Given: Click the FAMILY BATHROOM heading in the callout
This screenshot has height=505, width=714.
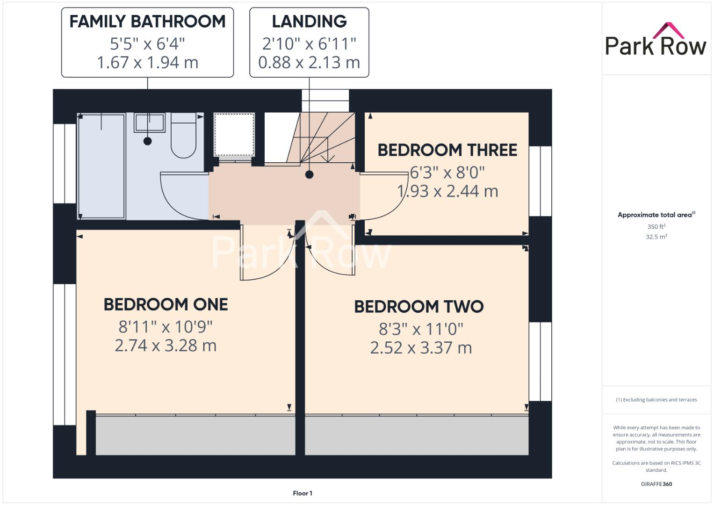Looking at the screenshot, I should click(x=147, y=22).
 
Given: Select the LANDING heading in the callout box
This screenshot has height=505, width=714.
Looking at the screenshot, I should click(x=309, y=22).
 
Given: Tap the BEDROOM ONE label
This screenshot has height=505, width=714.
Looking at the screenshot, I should click(x=166, y=304).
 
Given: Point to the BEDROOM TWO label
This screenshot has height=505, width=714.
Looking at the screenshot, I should click(x=418, y=307).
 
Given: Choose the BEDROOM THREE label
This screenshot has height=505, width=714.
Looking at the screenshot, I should click(x=447, y=150).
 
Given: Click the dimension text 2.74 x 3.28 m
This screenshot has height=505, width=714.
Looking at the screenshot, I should click(x=166, y=346).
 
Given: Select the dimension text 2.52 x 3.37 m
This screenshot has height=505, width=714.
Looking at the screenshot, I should click(x=421, y=348).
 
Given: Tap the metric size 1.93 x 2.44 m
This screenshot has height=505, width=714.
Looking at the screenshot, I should click(x=447, y=191).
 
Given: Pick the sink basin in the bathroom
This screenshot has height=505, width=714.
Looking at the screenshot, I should click(x=150, y=123).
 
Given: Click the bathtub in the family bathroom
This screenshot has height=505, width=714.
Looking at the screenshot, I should click(x=101, y=166).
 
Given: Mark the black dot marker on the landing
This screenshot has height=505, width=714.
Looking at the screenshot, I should click(x=309, y=175).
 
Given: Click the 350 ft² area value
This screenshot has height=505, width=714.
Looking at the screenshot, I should click(x=656, y=226).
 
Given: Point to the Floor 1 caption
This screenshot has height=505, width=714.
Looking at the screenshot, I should click(x=303, y=493).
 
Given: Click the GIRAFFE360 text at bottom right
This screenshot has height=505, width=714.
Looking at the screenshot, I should click(x=656, y=484).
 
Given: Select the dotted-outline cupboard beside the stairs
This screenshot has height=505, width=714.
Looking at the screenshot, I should click(x=234, y=134).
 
